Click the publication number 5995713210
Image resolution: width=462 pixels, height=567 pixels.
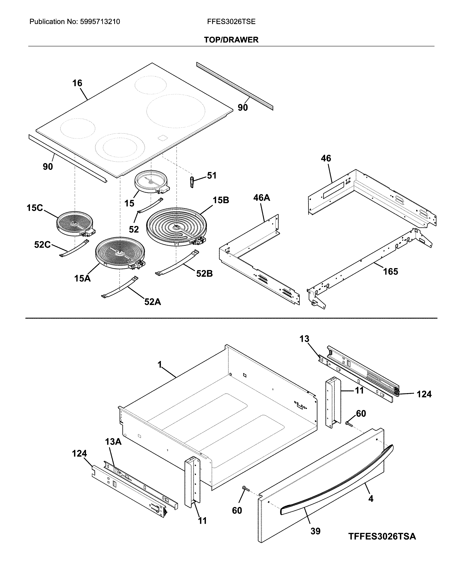point(100,22)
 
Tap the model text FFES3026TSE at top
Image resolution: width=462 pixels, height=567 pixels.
point(231,22)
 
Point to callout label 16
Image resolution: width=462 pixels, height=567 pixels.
point(77,83)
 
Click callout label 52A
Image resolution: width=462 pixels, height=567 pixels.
point(152,302)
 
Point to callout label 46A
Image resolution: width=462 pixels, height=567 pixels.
point(261,198)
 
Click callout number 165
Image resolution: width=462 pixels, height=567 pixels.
point(390,272)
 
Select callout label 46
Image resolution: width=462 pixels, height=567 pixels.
point(326,158)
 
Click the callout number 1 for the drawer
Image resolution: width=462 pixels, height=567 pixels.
point(160,365)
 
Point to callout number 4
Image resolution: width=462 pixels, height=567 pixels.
point(371,498)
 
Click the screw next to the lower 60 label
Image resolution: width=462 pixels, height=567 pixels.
point(245,488)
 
